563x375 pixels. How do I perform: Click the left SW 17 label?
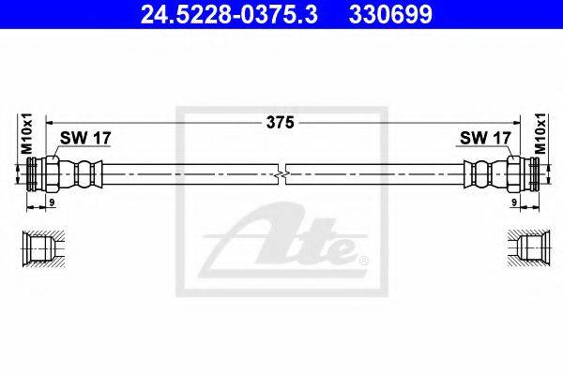85,138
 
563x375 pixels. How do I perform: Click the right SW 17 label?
485,138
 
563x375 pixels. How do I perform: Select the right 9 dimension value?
515,202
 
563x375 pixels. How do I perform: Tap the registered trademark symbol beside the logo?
363,256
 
